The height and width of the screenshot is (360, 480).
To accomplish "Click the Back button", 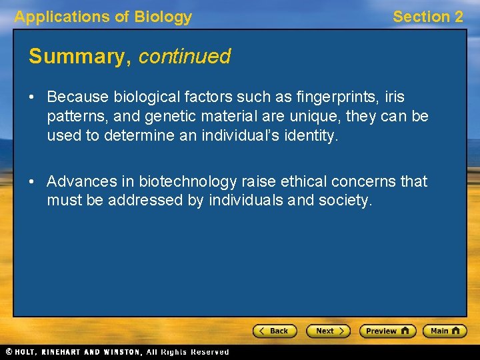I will [x=275, y=331].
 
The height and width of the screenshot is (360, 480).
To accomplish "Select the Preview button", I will [x=387, y=331].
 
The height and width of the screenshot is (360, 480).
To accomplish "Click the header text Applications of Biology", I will [x=103, y=17].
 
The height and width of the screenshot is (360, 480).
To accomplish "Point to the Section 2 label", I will [x=427, y=17].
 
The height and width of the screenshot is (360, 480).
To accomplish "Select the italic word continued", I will [x=184, y=57].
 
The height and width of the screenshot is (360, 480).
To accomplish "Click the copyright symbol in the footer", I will [x=9, y=352].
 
